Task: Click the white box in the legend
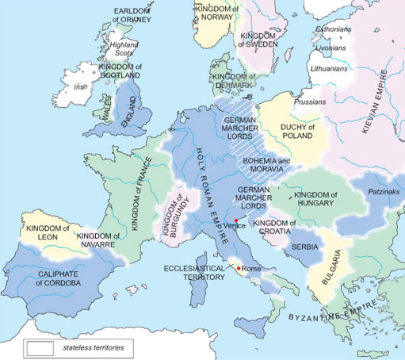[x=40, y=347]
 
